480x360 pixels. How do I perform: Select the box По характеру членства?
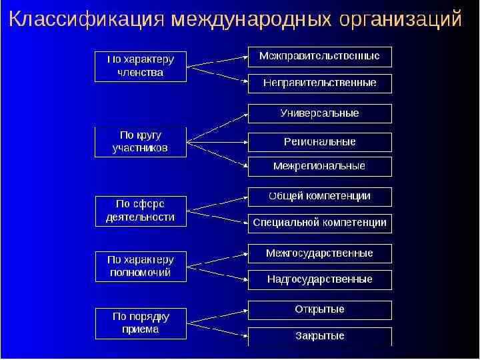click(x=139, y=66)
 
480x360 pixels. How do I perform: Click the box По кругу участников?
click(x=139, y=142)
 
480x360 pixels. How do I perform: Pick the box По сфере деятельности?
click(x=139, y=211)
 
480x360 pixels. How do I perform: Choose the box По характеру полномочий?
click(x=139, y=266)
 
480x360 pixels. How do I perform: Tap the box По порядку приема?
click(x=139, y=323)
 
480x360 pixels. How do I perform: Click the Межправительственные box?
click(x=319, y=57)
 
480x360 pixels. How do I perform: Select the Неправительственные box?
click(x=319, y=83)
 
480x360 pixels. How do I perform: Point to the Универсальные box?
click(x=319, y=114)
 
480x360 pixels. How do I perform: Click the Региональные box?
click(x=319, y=142)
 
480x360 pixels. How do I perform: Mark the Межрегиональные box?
click(x=319, y=166)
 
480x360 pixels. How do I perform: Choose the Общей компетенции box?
click(x=319, y=197)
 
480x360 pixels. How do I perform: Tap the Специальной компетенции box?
click(x=319, y=223)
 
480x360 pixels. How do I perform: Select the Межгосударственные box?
click(x=319, y=253)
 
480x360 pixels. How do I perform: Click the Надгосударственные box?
click(x=319, y=279)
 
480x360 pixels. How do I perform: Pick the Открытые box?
click(x=319, y=310)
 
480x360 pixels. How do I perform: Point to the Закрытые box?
click(x=319, y=336)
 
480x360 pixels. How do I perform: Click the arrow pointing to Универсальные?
click(x=217, y=127)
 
